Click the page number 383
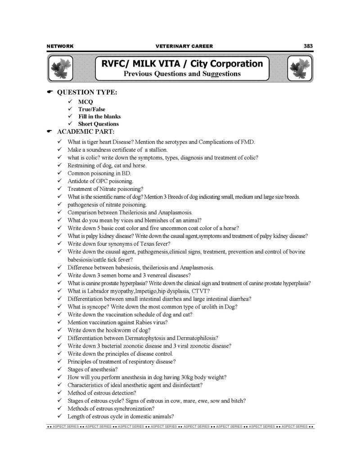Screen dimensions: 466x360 (x=308, y=46)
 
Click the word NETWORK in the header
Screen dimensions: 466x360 (x=60, y=46)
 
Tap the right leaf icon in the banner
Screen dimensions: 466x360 (x=299, y=68)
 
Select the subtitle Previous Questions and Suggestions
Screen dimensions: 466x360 (x=182, y=73)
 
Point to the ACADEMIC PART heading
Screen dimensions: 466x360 (x=85, y=131)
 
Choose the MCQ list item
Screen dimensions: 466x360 (x=85, y=102)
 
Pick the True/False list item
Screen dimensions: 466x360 (x=91, y=109)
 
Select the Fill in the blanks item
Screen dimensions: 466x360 (x=99, y=116)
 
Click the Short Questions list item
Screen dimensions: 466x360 (x=99, y=124)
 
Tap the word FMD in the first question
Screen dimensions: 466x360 (x=247, y=142)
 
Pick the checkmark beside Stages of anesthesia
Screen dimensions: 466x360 (x=59, y=369)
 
